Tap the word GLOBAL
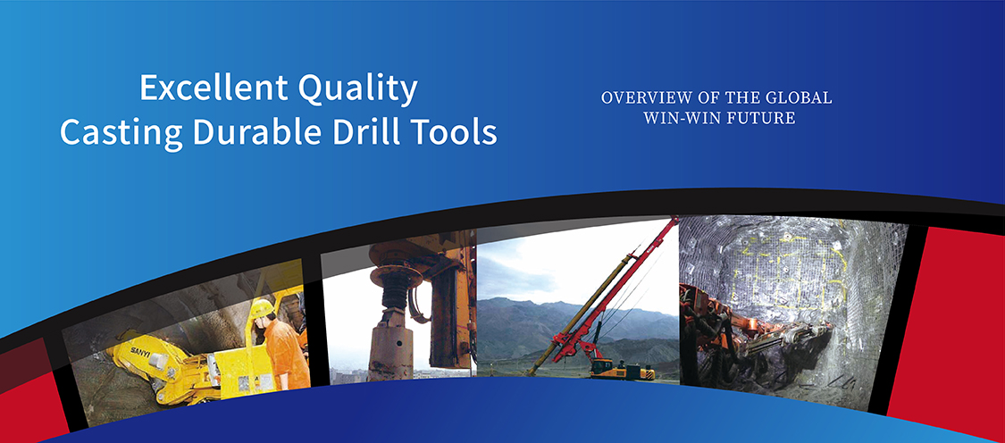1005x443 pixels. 800,98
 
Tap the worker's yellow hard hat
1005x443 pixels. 262,308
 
